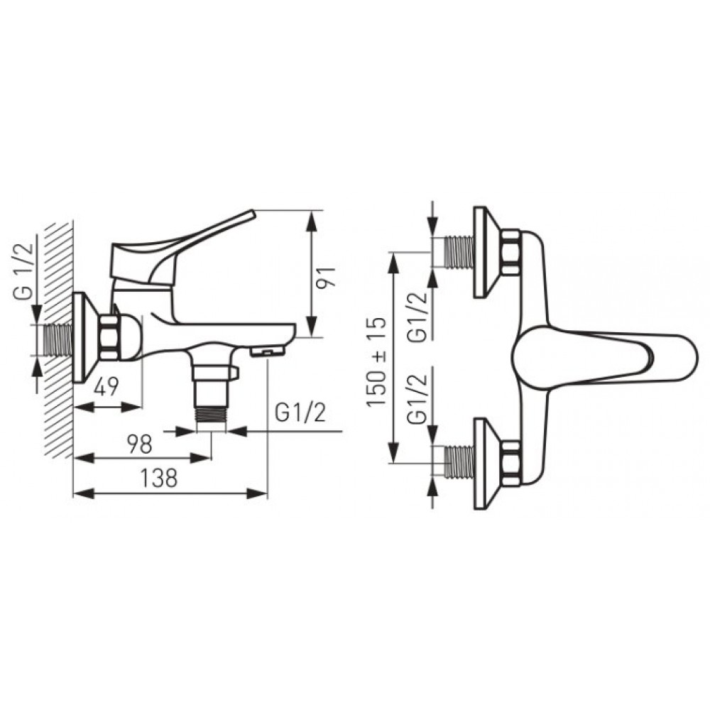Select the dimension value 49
point(106,387)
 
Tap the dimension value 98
point(139,444)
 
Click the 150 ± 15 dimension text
point(376,362)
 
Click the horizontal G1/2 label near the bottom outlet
point(300,413)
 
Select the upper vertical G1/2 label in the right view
point(417,317)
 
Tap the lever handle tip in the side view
point(251,214)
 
